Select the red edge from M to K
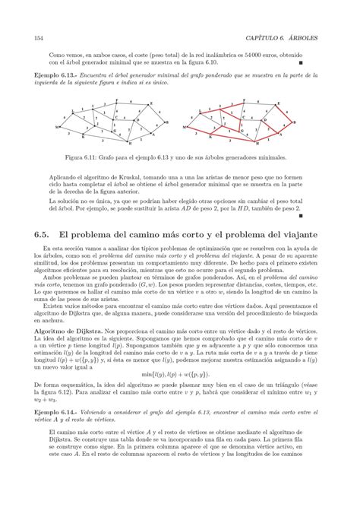(x=199, y=132)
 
